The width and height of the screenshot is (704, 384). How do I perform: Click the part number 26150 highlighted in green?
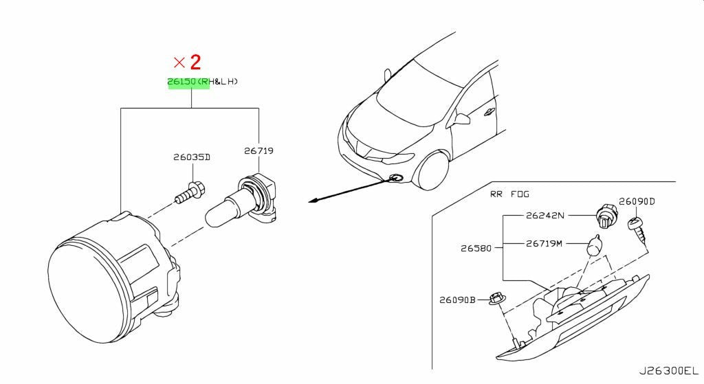click(181, 82)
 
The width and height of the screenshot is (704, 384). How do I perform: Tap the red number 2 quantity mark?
click(195, 63)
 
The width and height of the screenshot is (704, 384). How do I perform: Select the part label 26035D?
click(192, 157)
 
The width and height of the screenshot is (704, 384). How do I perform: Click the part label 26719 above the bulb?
click(258, 150)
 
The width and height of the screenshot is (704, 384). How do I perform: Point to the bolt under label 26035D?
click(190, 192)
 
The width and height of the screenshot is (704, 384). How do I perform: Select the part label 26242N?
click(545, 215)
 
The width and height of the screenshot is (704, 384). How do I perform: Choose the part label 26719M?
click(544, 244)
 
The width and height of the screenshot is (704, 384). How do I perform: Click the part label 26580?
click(476, 247)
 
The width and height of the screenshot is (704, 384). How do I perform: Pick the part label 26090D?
click(637, 201)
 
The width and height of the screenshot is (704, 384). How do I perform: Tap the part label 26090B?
click(457, 300)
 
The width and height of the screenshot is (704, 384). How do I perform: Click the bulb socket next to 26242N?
click(605, 215)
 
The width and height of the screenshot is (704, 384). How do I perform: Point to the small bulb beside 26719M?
click(595, 245)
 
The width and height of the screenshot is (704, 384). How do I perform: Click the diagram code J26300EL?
click(669, 372)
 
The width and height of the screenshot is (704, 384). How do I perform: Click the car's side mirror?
click(462, 119)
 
